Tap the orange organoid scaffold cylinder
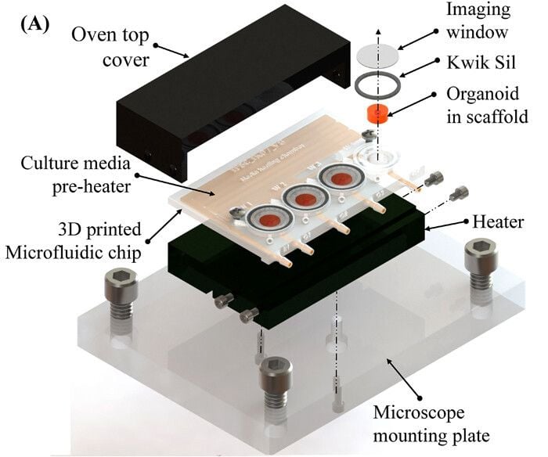click(378, 114)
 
